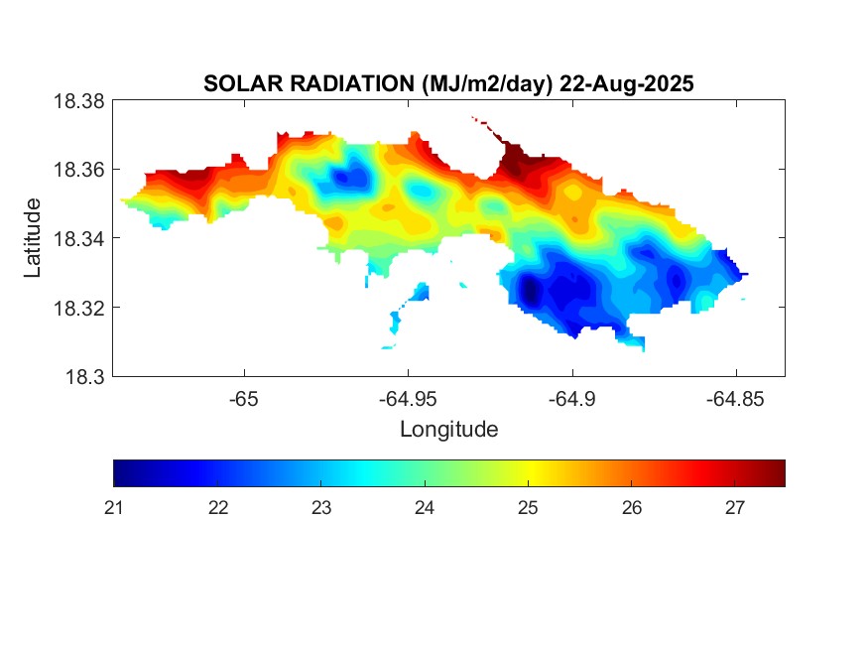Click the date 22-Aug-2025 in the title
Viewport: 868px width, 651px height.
627,84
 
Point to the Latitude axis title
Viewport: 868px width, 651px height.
34,238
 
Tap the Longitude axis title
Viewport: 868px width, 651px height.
448,430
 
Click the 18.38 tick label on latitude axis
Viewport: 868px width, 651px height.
78,101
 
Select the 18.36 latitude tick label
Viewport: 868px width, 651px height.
78,170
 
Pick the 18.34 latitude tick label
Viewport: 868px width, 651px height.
78,239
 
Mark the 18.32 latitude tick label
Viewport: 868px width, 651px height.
78,308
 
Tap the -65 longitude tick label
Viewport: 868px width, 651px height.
243,399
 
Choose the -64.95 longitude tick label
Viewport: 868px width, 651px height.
407,399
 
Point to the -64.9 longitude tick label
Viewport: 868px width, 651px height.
571,399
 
